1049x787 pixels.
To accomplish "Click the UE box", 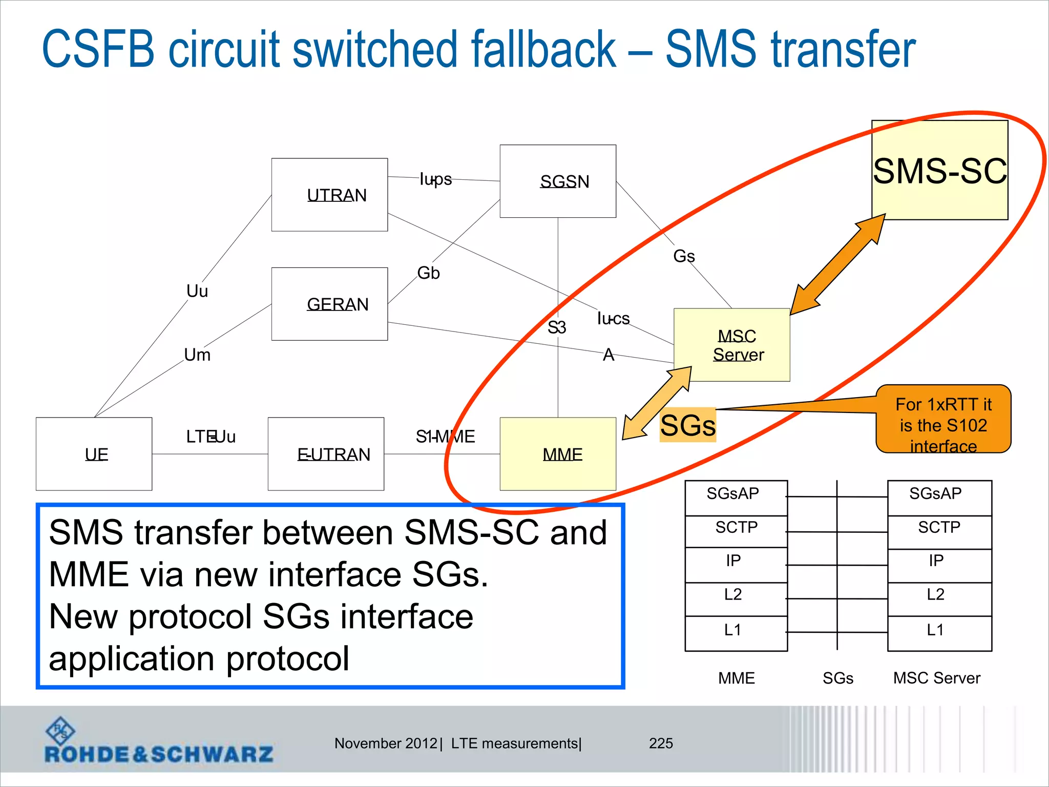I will (x=94, y=454).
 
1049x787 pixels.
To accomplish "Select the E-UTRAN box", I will (x=326, y=454).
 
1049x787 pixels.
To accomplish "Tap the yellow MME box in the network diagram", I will (x=558, y=454).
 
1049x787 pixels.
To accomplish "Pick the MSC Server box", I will (x=732, y=345).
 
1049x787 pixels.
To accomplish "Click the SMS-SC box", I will (x=940, y=170).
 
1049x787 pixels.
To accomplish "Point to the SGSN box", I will (x=558, y=181).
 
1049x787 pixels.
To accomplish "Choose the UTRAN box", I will (x=329, y=195).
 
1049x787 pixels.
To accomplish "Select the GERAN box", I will (x=329, y=304).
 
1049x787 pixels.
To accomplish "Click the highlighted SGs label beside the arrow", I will (x=687, y=425).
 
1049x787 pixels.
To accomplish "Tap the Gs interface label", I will (x=684, y=256).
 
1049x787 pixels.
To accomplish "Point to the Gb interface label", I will (x=428, y=273).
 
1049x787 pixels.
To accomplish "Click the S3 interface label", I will (x=557, y=327).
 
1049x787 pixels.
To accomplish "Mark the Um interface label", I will (x=197, y=355).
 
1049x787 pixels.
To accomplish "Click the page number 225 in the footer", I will (x=661, y=743).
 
